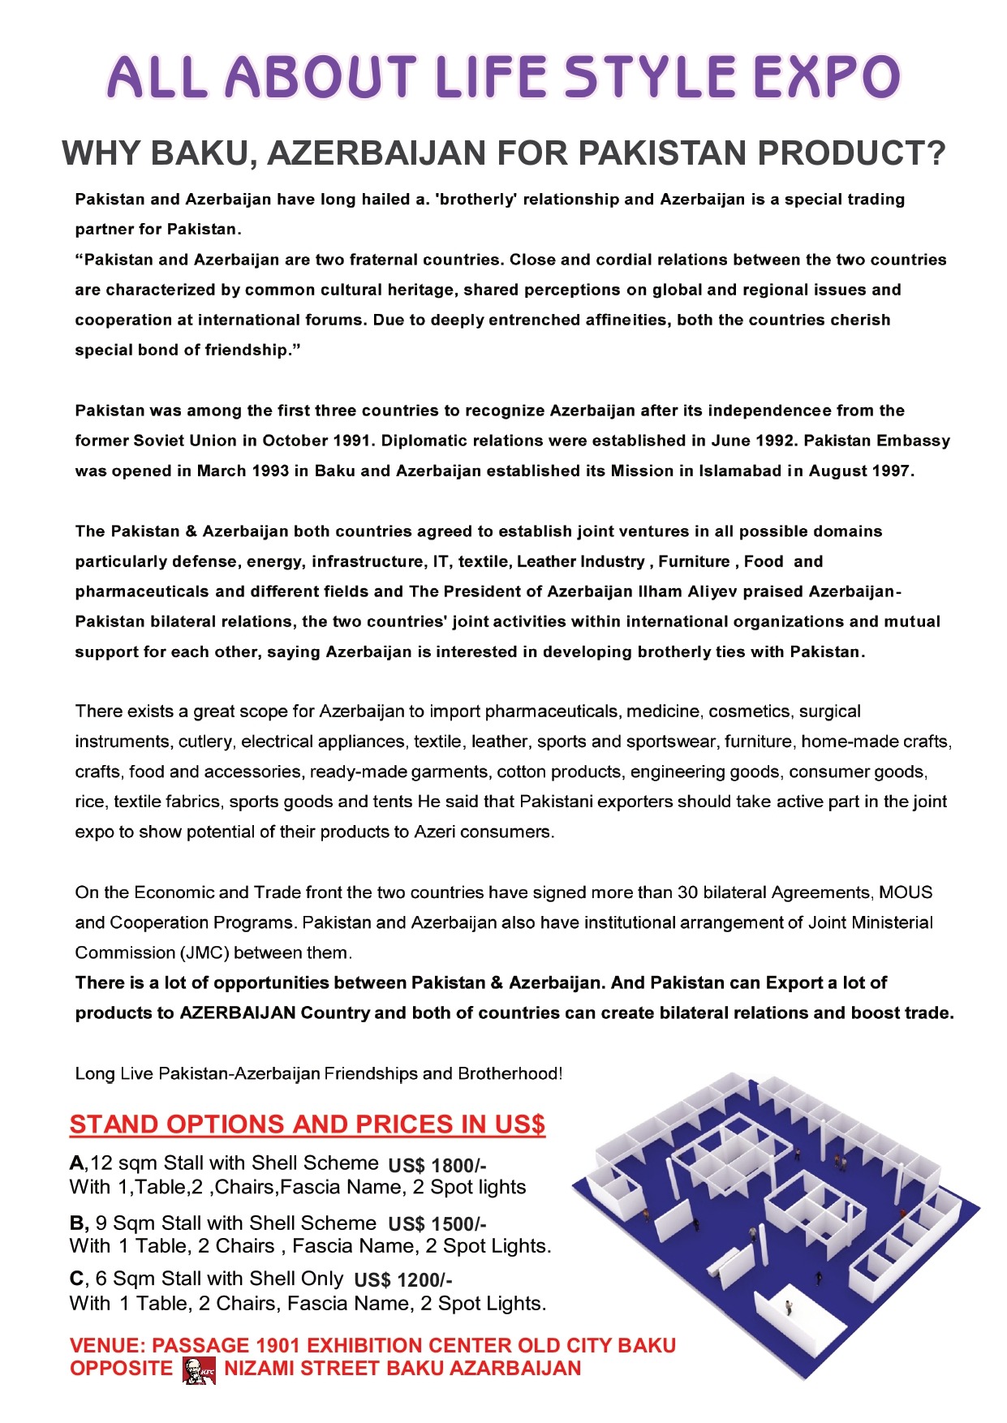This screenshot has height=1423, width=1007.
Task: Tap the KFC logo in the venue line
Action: pos(200,1369)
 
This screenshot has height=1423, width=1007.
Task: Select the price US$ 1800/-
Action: pos(437,1166)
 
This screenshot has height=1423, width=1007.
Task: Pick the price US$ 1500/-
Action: pos(437,1224)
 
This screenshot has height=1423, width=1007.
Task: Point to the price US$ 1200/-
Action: pos(403,1280)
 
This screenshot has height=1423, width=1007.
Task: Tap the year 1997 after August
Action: pos(890,471)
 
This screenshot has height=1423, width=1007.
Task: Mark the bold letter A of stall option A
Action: pos(76,1163)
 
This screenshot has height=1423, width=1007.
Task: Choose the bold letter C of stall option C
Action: pos(76,1279)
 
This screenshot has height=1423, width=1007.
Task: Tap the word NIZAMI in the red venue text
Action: pos(259,1369)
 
